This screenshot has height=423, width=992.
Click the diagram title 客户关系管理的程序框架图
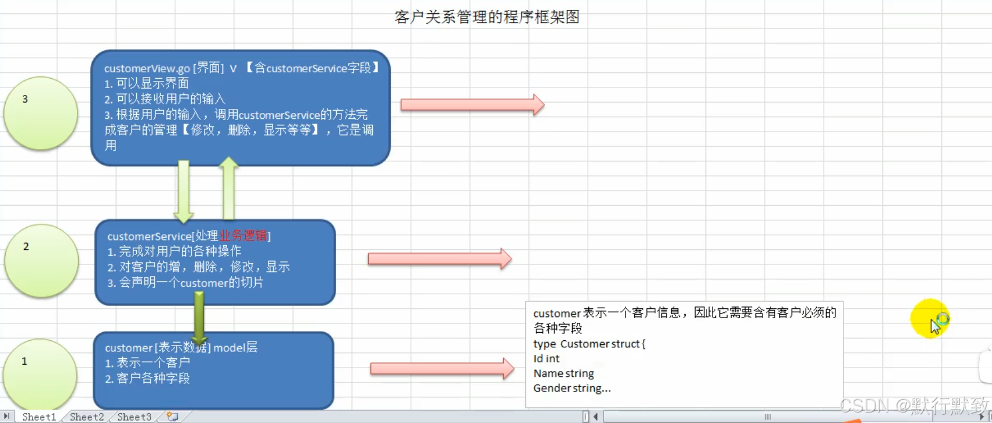pyautogui.click(x=487, y=17)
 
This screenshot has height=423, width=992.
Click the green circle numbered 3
pyautogui.click(x=41, y=113)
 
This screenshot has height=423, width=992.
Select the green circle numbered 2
pyautogui.click(x=41, y=260)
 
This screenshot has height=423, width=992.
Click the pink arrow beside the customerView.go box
pyautogui.click(x=472, y=105)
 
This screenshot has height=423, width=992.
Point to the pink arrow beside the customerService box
pyautogui.click(x=439, y=259)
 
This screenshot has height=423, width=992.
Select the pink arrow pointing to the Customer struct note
pyautogui.click(x=442, y=368)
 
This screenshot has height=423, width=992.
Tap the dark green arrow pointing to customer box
pyautogui.click(x=199, y=318)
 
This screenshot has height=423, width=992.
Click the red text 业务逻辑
pyautogui.click(x=243, y=236)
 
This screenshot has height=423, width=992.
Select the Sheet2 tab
pyautogui.click(x=87, y=417)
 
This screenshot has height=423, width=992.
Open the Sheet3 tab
pyautogui.click(x=134, y=417)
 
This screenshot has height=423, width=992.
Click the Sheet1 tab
pyautogui.click(x=39, y=417)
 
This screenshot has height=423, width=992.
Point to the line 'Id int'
pyautogui.click(x=546, y=359)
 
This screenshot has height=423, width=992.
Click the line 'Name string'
pyautogui.click(x=564, y=373)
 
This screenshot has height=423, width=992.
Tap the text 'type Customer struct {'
pyautogui.click(x=589, y=344)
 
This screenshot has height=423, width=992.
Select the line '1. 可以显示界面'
pyautogui.click(x=147, y=83)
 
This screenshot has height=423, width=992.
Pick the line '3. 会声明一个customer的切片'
pyautogui.click(x=186, y=283)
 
